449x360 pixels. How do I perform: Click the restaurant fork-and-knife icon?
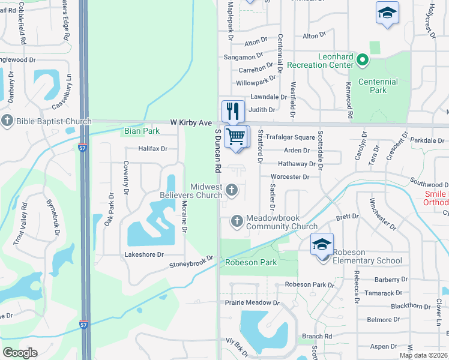[233, 111]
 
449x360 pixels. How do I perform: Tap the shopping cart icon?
[236, 137]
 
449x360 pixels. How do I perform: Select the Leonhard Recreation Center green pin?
[362, 60]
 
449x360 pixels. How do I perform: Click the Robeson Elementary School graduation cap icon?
[322, 244]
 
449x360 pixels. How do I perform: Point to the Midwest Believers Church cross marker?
[232, 191]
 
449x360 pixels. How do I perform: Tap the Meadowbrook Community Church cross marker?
[237, 222]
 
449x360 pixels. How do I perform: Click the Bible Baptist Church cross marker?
[7, 121]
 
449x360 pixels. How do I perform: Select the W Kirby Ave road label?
[191, 122]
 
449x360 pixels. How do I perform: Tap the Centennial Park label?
[378, 86]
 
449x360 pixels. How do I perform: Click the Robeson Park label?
[251, 262]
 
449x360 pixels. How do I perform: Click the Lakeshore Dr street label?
[143, 254]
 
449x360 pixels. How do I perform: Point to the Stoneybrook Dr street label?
[191, 262]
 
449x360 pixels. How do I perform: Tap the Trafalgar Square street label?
[291, 137]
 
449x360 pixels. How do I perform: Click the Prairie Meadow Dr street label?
[252, 303]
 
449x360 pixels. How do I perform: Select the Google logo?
[20, 352]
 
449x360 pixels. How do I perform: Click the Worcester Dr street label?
[289, 177]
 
